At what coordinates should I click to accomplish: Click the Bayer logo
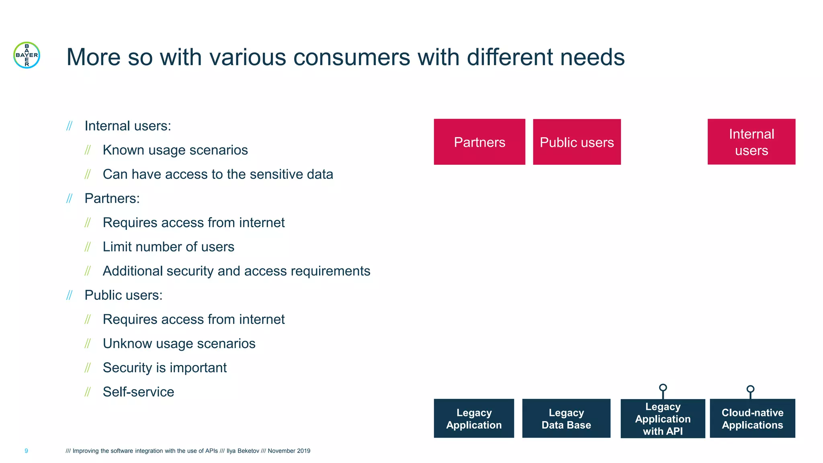27,55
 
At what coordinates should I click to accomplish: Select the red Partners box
479,141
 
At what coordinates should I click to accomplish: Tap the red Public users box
576,141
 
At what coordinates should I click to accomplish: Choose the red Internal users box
751,141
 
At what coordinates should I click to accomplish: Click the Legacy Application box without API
473,418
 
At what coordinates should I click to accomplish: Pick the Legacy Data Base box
566,418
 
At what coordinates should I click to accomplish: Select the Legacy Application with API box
662,418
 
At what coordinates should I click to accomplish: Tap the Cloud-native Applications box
752,418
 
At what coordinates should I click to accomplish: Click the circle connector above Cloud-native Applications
750,389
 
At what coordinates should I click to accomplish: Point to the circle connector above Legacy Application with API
663,387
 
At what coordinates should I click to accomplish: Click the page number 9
26,451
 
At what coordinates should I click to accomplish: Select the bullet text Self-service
138,392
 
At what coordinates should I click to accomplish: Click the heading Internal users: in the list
128,126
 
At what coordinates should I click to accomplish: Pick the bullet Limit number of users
168,247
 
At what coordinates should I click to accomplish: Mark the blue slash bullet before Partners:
69,199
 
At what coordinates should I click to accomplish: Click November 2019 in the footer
289,451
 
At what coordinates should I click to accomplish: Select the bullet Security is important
165,368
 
